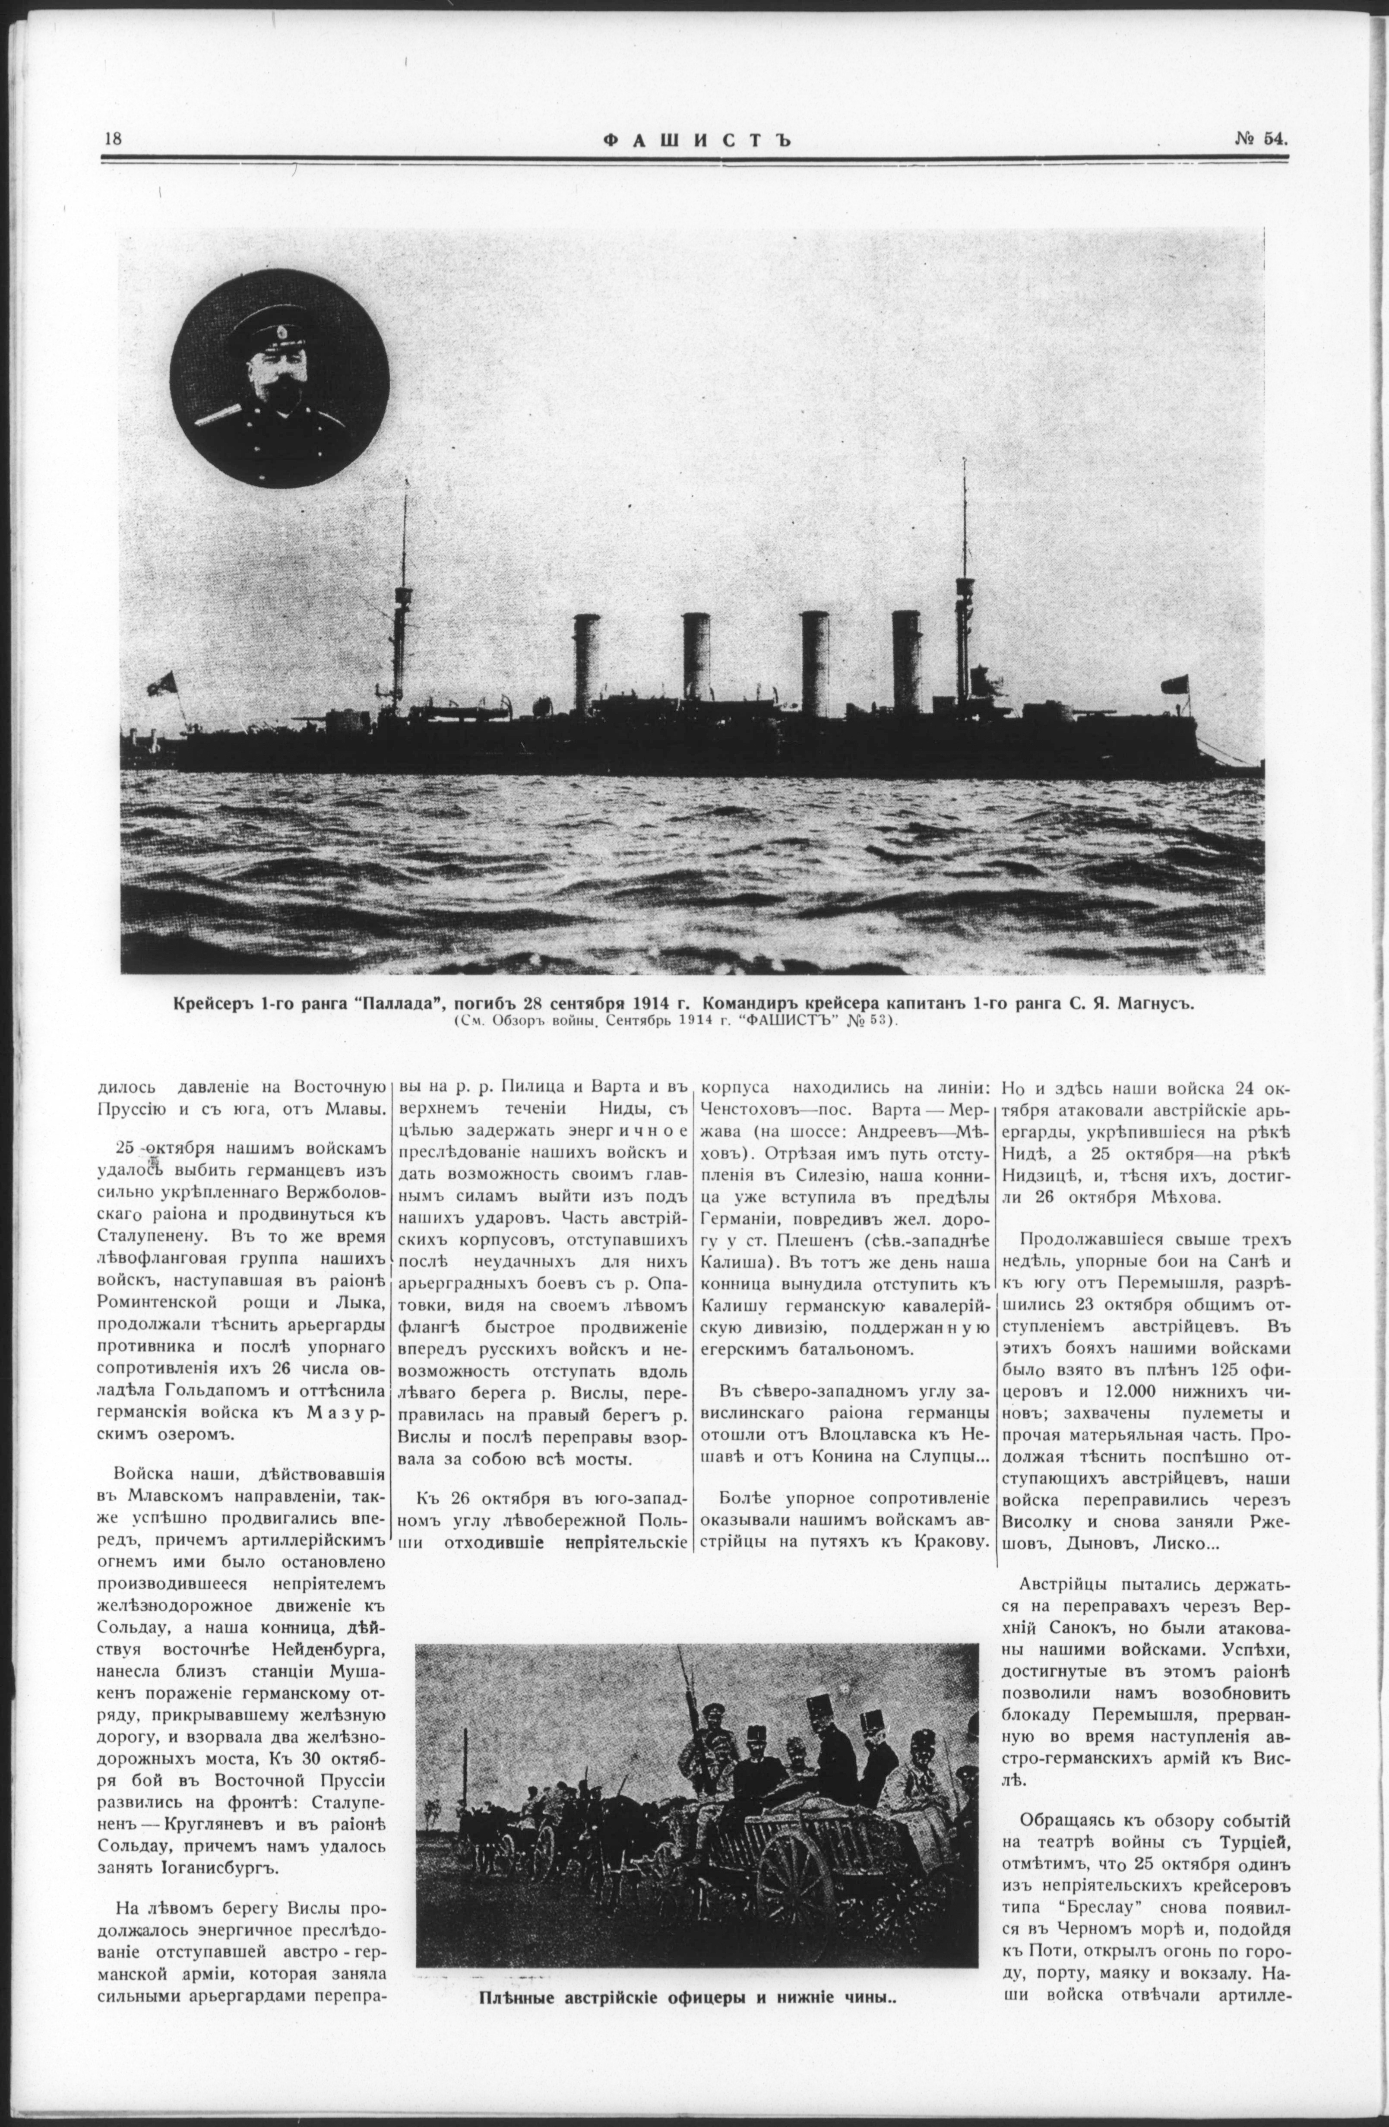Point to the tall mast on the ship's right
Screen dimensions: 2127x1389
point(965,581)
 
